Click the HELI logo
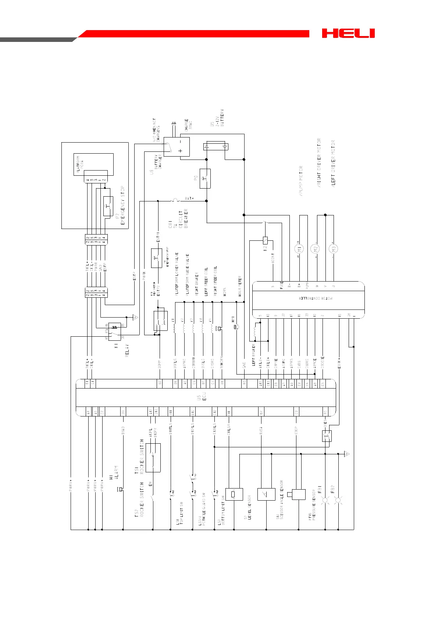click(x=348, y=33)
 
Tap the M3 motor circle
click(x=333, y=248)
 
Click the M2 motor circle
click(x=316, y=248)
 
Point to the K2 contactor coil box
click(x=266, y=241)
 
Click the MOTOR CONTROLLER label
click(x=316, y=298)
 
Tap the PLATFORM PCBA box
click(x=93, y=164)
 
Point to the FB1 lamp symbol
click(x=325, y=500)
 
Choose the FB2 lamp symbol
click(x=338, y=500)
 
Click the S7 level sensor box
click(x=234, y=494)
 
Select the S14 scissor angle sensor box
click(x=266, y=494)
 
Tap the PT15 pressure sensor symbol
click(x=298, y=494)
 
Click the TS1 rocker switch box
click(x=153, y=458)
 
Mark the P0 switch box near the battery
click(x=205, y=179)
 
